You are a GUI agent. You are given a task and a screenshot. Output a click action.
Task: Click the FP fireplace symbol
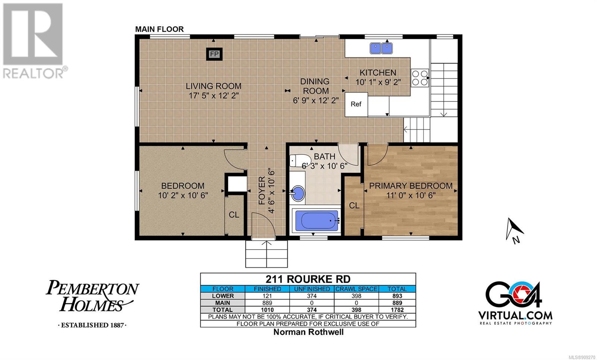[x=214, y=54]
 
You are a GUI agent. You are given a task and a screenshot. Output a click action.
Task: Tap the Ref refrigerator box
[x=356, y=104]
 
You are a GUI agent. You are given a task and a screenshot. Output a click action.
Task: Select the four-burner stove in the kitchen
[x=420, y=78]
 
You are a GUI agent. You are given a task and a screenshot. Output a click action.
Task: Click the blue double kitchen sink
[x=381, y=48]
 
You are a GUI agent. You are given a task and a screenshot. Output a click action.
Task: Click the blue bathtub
[x=317, y=220]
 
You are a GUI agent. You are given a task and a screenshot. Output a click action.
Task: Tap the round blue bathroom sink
[x=298, y=193]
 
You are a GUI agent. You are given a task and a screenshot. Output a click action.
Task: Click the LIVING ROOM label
[x=213, y=86]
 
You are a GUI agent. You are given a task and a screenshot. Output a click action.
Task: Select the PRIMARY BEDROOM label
[x=411, y=186]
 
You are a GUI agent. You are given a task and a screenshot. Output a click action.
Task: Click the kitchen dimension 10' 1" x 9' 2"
[x=378, y=82]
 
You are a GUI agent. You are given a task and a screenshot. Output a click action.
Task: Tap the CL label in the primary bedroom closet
[x=354, y=206]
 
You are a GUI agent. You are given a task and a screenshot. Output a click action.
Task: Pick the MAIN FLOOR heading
[x=159, y=29]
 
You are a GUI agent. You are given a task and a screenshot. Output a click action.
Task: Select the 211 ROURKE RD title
[x=308, y=279]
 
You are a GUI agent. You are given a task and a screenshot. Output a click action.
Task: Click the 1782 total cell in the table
[x=397, y=310]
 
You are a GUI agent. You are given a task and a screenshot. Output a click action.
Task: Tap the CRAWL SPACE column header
[x=356, y=289]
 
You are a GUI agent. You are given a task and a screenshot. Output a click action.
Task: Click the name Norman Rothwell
[x=308, y=332]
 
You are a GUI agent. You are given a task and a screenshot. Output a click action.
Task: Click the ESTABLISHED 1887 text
[x=93, y=325]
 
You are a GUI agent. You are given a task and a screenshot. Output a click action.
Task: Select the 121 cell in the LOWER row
[x=267, y=296]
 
